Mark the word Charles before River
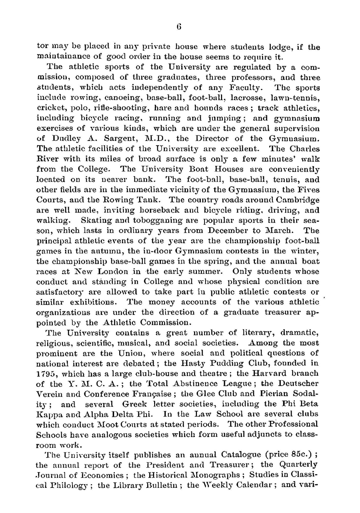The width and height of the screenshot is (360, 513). click(x=303, y=149)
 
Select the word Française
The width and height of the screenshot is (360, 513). click(x=155, y=394)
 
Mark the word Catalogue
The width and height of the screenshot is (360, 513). click(x=241, y=455)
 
